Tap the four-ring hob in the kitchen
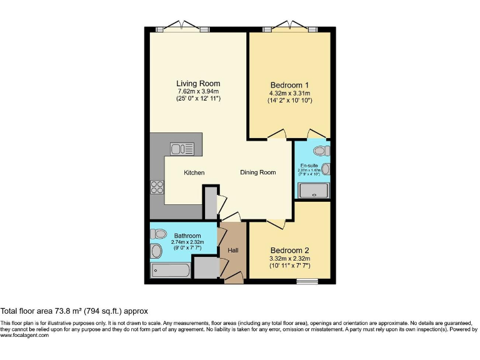(157, 187)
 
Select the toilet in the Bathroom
(158, 234)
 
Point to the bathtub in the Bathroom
(171, 271)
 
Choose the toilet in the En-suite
(322, 151)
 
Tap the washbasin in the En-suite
(326, 169)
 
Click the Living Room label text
(198, 84)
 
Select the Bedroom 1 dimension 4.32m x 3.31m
(289, 93)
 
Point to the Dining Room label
(258, 172)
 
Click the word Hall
(233, 251)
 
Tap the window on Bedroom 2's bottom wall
(306, 281)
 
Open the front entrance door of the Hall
(234, 277)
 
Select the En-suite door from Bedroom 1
(316, 135)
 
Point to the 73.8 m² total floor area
(74, 311)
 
